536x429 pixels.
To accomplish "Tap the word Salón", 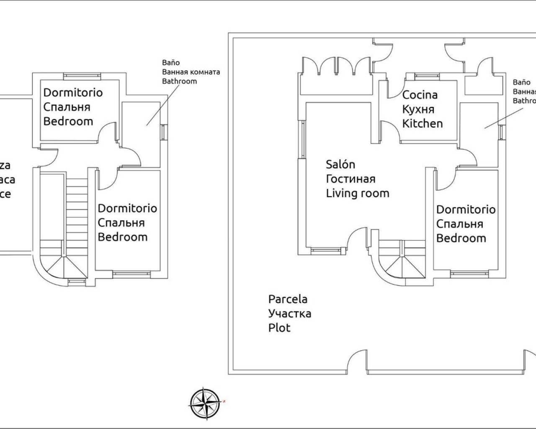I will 340,165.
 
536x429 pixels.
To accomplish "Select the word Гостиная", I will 350,179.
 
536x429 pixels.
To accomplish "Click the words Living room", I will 358,193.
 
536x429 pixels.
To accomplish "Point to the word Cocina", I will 420,95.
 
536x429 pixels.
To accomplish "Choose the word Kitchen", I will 422,124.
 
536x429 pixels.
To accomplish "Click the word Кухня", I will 418,109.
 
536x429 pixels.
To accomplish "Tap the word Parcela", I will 288,299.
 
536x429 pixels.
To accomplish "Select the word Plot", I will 279,328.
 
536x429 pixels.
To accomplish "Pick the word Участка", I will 289,313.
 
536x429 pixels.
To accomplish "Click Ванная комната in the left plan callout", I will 191,72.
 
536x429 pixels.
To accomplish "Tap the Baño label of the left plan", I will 171,63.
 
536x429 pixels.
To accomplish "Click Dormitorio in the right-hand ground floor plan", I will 466,209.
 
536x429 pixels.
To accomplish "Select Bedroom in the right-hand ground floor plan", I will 461,238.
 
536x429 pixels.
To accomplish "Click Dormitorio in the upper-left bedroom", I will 73,93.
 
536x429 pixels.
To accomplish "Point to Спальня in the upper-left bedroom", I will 67,107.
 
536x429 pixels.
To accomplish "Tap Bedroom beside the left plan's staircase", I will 122,237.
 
